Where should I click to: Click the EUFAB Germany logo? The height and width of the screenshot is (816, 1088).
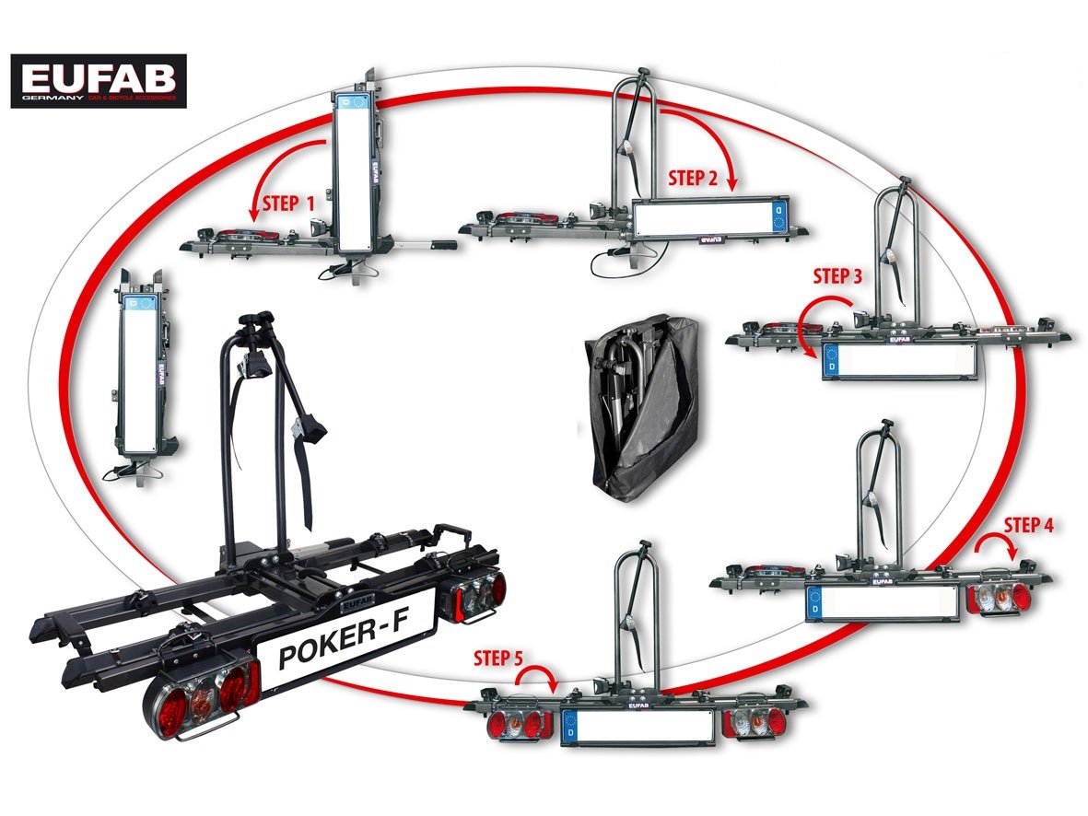tap(99, 81)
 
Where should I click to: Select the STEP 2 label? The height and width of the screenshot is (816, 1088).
tap(693, 179)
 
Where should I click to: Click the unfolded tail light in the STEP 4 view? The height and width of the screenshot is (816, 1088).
tap(1000, 596)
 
